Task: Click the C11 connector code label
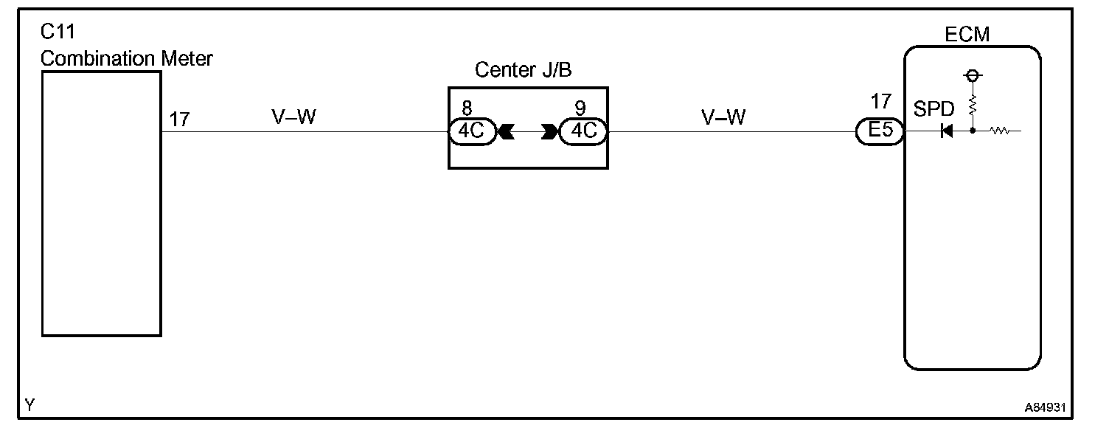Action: click(x=59, y=33)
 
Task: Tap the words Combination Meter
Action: click(x=127, y=58)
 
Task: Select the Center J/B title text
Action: click(x=524, y=70)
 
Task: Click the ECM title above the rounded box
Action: click(x=967, y=34)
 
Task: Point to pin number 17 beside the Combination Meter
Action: click(x=179, y=119)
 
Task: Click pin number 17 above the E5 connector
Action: click(x=880, y=101)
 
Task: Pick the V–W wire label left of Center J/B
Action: click(x=294, y=117)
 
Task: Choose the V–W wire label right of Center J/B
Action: click(x=724, y=117)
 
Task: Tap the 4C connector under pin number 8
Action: click(x=472, y=132)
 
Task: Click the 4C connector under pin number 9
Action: click(x=583, y=132)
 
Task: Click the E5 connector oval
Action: click(x=880, y=132)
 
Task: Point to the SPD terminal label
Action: click(x=934, y=110)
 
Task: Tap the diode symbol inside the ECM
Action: click(x=947, y=132)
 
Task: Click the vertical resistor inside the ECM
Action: click(x=973, y=104)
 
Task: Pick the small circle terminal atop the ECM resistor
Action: click(x=973, y=76)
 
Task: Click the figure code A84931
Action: click(x=1045, y=407)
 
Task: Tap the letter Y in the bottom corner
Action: click(x=29, y=404)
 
